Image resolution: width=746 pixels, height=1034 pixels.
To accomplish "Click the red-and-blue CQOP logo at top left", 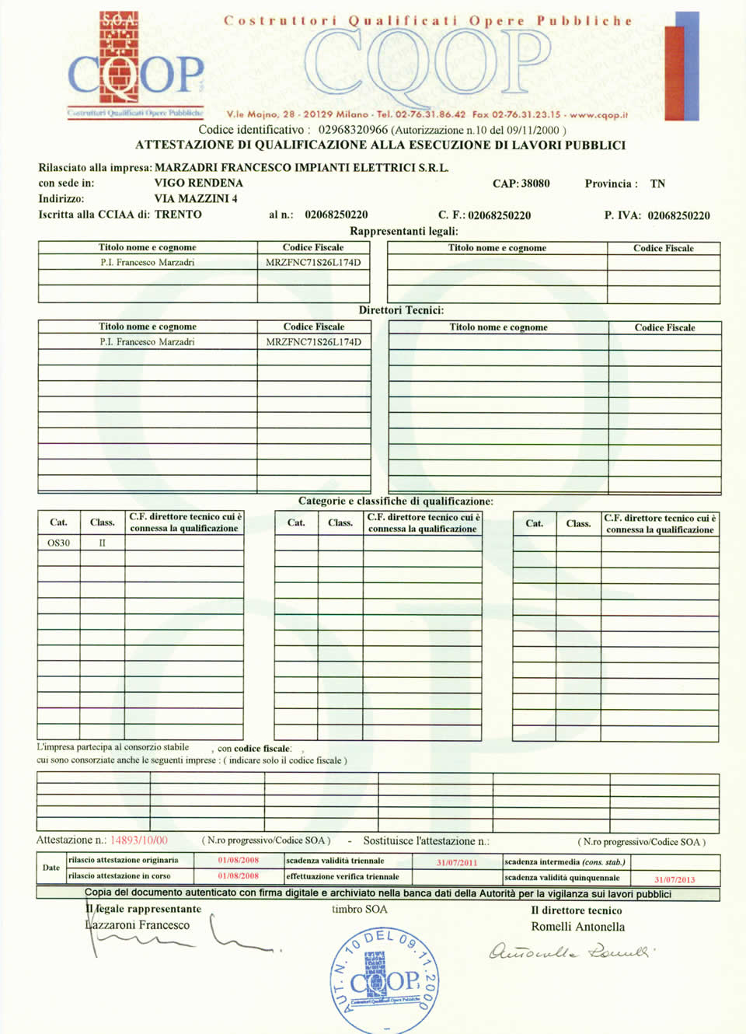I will click(135, 65).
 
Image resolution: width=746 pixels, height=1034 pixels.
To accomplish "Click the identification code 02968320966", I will click(352, 130).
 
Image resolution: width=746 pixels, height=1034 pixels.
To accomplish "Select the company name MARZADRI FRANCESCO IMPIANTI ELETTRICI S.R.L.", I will click(302, 167).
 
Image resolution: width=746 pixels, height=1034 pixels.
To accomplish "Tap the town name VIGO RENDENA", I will click(198, 183).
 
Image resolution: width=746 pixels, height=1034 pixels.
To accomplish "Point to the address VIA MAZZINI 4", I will click(196, 198).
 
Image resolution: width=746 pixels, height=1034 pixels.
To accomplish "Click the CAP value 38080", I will click(535, 183).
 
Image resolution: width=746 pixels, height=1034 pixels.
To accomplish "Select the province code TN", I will click(657, 183).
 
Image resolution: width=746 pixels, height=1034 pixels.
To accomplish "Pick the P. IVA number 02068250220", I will click(678, 215).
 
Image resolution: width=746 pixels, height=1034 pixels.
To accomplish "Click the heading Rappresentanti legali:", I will click(403, 231).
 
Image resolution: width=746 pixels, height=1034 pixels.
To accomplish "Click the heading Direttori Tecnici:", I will click(401, 310).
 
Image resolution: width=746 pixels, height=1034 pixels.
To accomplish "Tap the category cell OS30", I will click(58, 543).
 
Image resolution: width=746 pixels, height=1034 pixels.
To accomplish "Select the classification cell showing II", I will click(102, 543).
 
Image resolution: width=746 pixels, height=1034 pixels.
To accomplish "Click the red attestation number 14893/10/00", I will click(138, 840).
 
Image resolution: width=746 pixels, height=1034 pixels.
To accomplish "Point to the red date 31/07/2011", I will click(457, 862).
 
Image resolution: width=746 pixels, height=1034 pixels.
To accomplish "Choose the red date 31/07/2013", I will click(675, 879).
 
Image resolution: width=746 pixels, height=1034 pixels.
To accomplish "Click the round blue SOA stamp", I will click(384, 980).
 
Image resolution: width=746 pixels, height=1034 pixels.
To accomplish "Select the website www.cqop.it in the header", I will click(598, 114).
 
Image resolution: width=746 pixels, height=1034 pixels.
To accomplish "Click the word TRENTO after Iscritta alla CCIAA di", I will click(178, 215).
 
